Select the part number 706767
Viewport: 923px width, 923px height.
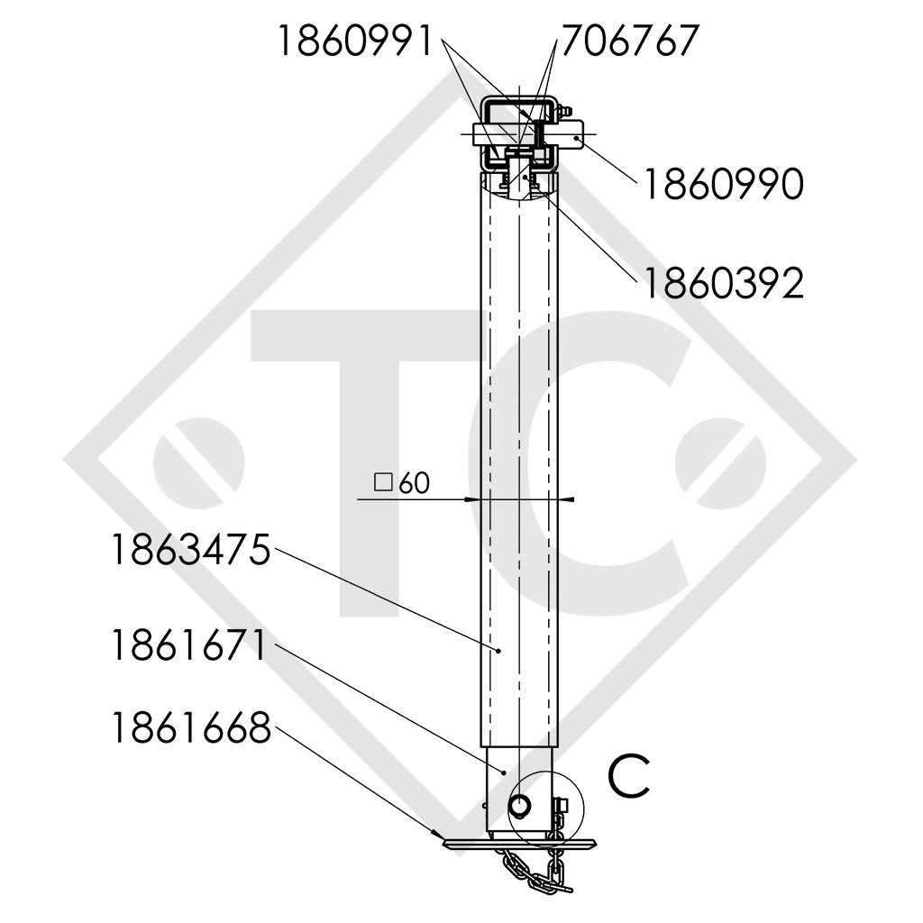coord(630,42)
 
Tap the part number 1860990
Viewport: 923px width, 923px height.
coord(721,186)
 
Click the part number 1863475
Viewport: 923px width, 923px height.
coord(190,550)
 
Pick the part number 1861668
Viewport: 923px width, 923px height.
coord(190,728)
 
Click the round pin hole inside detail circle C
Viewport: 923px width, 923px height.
coord(521,801)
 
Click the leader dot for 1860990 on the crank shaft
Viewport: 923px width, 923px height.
coord(577,137)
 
